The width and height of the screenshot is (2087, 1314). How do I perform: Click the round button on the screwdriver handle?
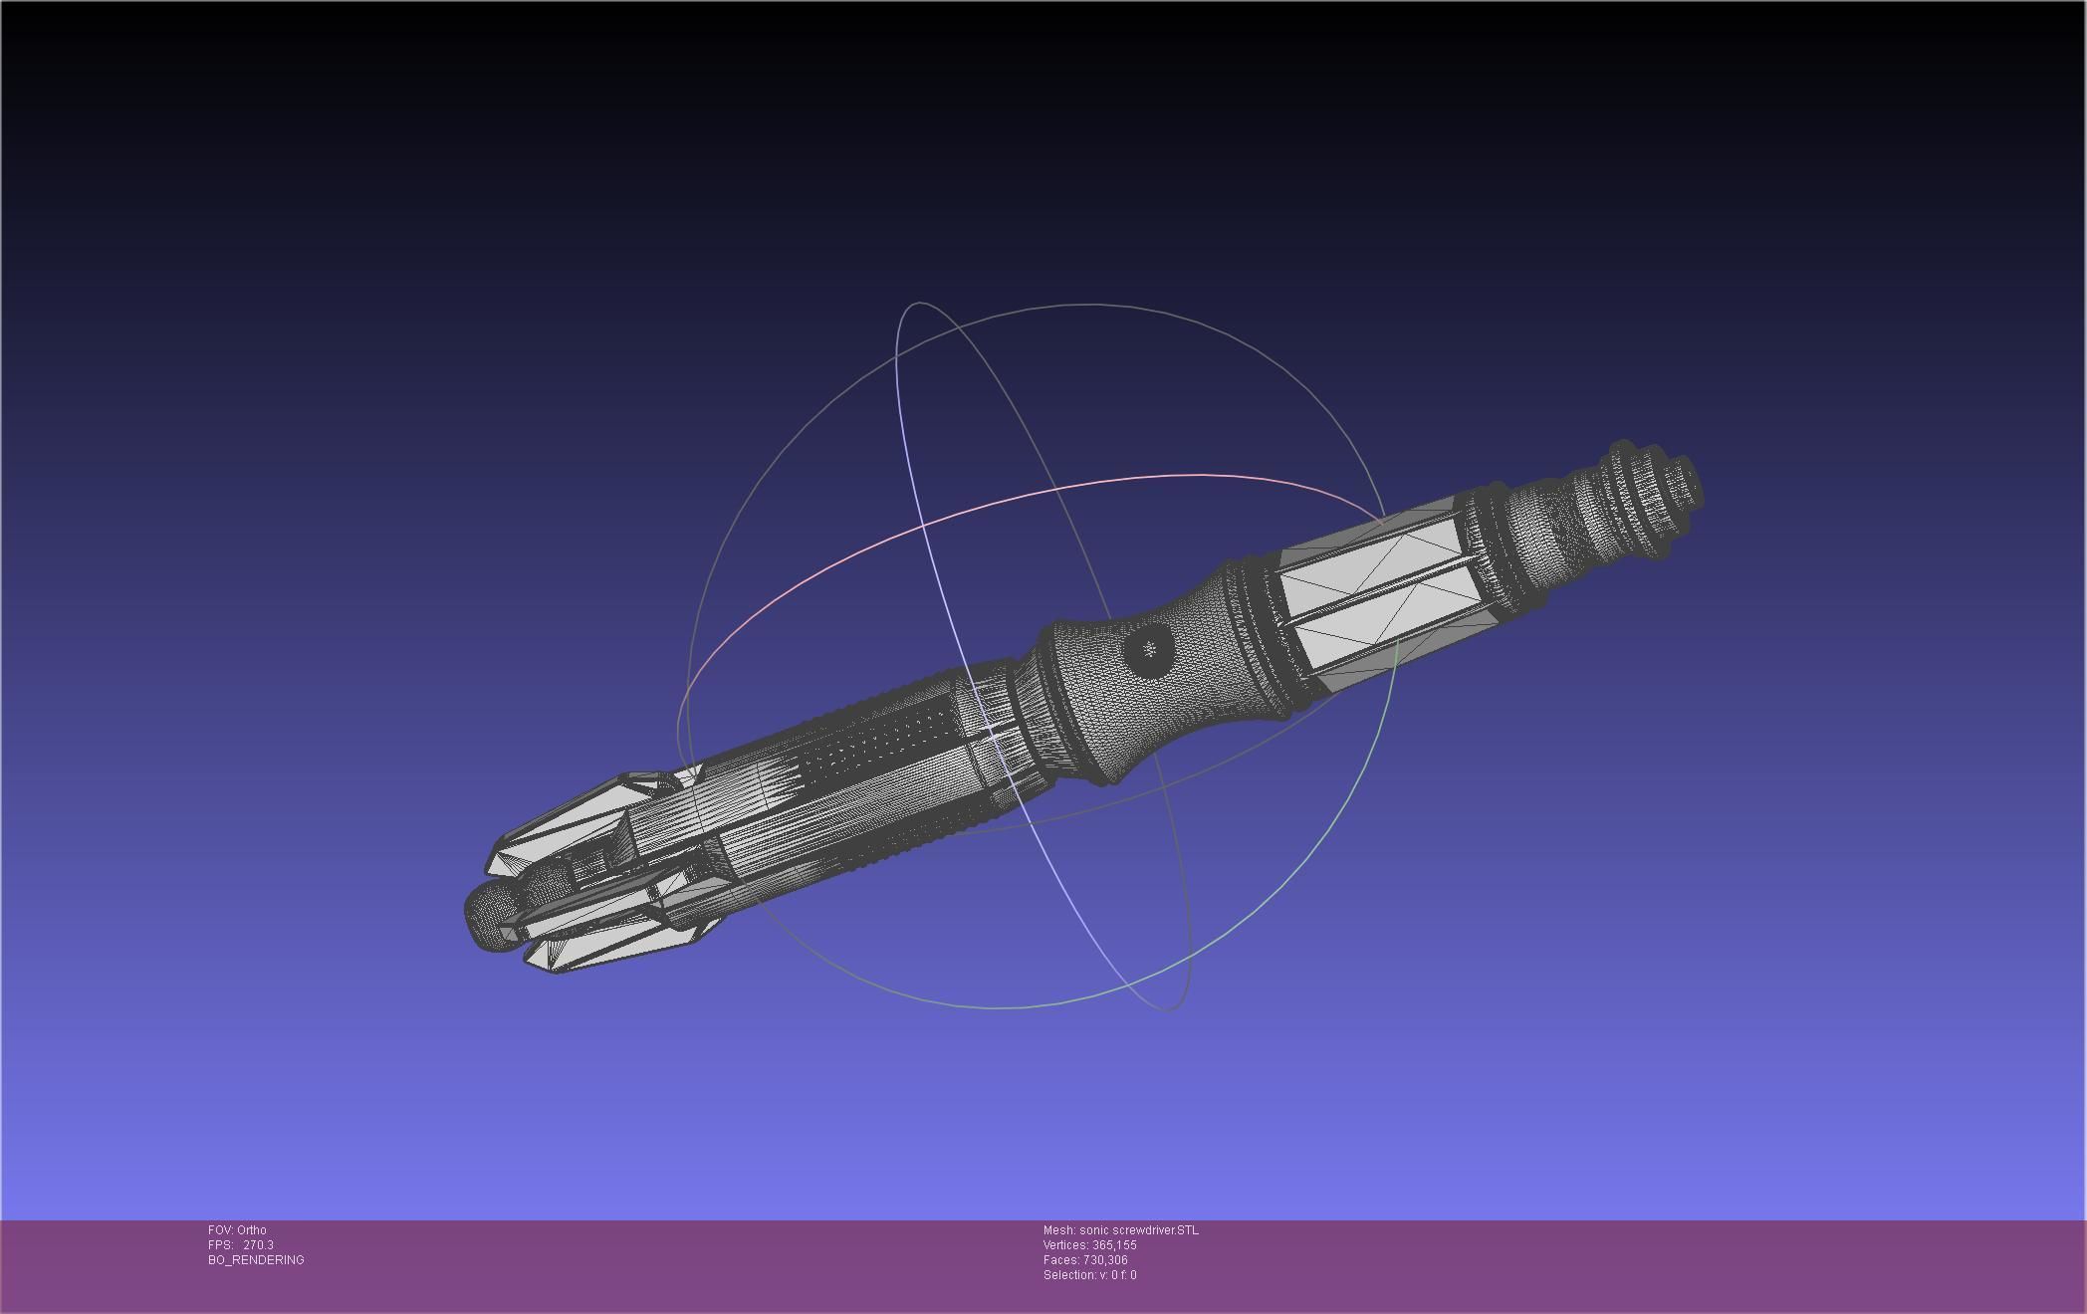(1149, 650)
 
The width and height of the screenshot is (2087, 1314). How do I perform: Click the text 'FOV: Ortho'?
(237, 1230)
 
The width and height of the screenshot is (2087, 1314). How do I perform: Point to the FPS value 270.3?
(258, 1245)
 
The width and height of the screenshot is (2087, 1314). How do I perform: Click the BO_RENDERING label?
(256, 1260)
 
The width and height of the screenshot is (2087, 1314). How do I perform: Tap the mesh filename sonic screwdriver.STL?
(1139, 1230)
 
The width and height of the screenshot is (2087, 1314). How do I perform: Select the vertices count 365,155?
(1114, 1245)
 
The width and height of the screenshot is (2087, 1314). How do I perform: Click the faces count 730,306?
(1105, 1260)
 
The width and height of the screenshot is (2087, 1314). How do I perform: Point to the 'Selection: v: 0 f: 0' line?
(1089, 1275)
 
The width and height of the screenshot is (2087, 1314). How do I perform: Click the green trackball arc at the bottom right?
(1294, 896)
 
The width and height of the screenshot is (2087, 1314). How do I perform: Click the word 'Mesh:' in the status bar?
(1058, 1230)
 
